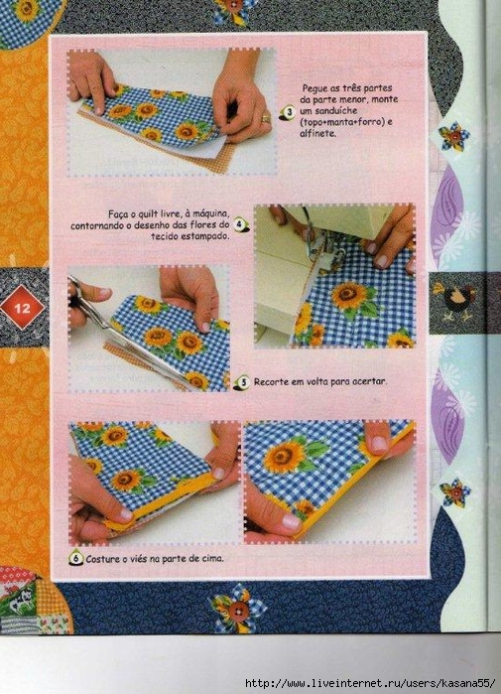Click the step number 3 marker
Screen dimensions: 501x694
290,112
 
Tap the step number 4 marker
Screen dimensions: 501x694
239,224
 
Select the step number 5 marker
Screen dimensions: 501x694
244,382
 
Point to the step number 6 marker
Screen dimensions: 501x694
76,558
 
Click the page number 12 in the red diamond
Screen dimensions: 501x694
22,308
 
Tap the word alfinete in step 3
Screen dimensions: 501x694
317,133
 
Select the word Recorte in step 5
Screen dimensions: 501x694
271,381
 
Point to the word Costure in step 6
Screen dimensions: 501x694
102,559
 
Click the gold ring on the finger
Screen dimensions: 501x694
265,118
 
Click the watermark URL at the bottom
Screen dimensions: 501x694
370,683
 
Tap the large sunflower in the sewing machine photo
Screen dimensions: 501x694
349,296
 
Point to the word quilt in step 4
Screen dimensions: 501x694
151,214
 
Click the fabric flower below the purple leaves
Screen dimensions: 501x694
454,492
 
